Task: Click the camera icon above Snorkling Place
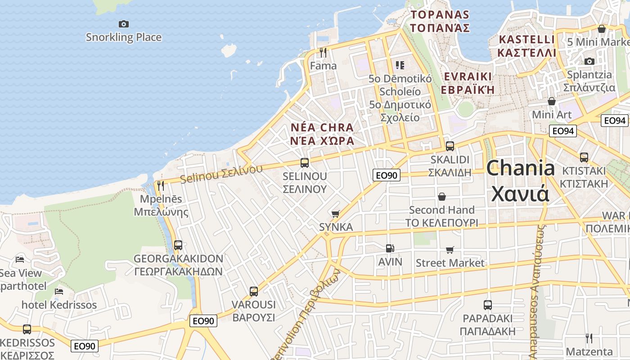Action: pos(123,24)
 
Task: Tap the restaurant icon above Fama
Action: pos(323,52)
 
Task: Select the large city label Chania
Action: pos(521,168)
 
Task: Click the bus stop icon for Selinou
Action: pos(305,162)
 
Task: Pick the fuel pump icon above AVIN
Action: pos(390,248)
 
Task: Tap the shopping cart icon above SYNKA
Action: pos(335,214)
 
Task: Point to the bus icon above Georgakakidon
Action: pos(178,245)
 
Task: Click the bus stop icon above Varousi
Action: pos(254,291)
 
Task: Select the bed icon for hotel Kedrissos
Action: pos(59,292)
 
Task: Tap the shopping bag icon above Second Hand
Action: pos(442,197)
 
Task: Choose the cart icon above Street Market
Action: pos(450,250)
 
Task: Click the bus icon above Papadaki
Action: pos(488,305)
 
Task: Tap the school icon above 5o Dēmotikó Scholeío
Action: pos(400,65)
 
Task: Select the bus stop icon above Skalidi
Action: pos(450,146)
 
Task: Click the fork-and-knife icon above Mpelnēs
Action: pos(160,185)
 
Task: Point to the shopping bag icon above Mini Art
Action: pos(552,101)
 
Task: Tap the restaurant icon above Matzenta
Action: pos(589,338)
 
